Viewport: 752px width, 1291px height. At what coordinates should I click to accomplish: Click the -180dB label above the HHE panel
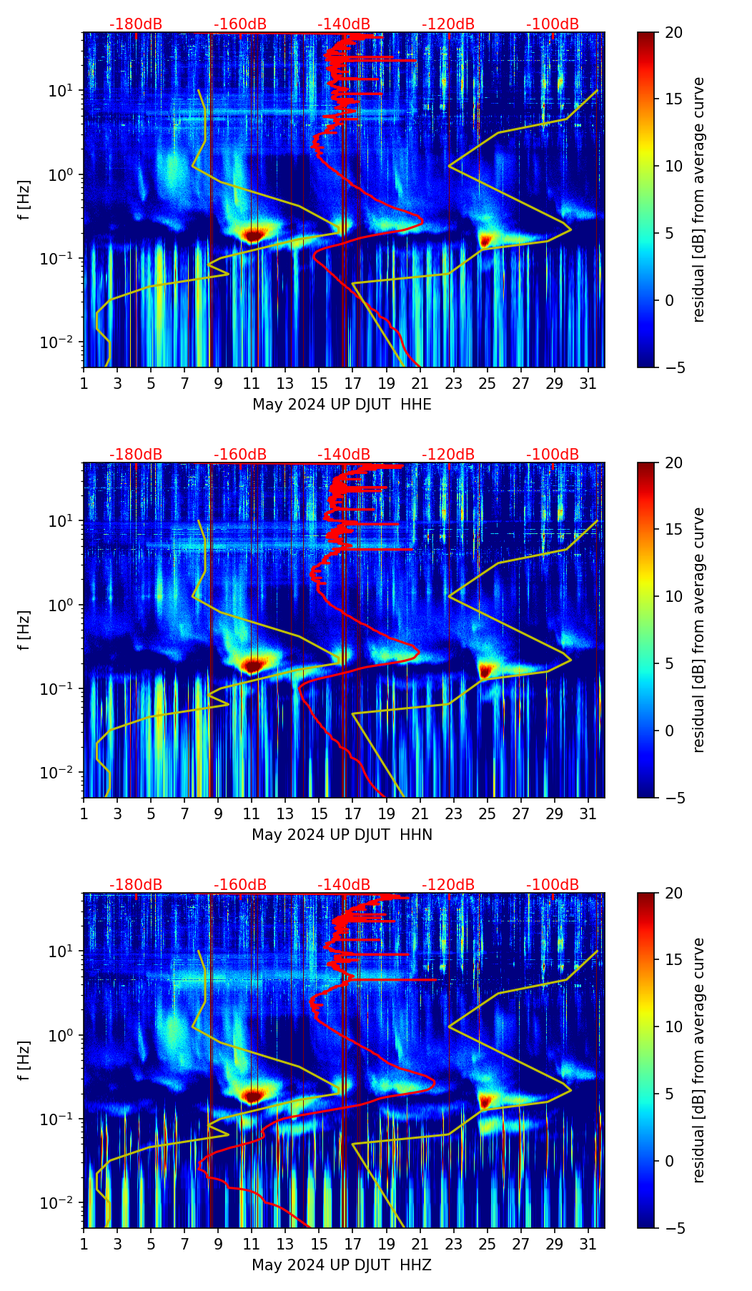136,24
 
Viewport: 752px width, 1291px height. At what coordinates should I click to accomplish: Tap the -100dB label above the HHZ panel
553,885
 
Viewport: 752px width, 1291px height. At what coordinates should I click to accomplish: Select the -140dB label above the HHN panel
344,455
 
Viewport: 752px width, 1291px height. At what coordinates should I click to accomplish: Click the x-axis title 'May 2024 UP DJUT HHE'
342,405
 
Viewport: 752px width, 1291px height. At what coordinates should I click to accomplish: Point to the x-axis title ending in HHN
342,835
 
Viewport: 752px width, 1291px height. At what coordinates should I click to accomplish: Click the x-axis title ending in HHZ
342,1265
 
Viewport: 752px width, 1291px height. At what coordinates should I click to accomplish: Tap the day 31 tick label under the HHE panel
588,384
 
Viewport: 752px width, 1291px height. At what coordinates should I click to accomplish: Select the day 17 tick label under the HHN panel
353,814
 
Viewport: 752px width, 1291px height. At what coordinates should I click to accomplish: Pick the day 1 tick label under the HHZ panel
84,1245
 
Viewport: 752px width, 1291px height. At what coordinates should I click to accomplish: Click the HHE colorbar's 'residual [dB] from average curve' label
698,200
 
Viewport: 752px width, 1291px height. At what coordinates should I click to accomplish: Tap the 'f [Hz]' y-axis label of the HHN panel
24,630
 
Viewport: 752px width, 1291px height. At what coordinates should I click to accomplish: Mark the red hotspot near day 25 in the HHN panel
486,671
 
